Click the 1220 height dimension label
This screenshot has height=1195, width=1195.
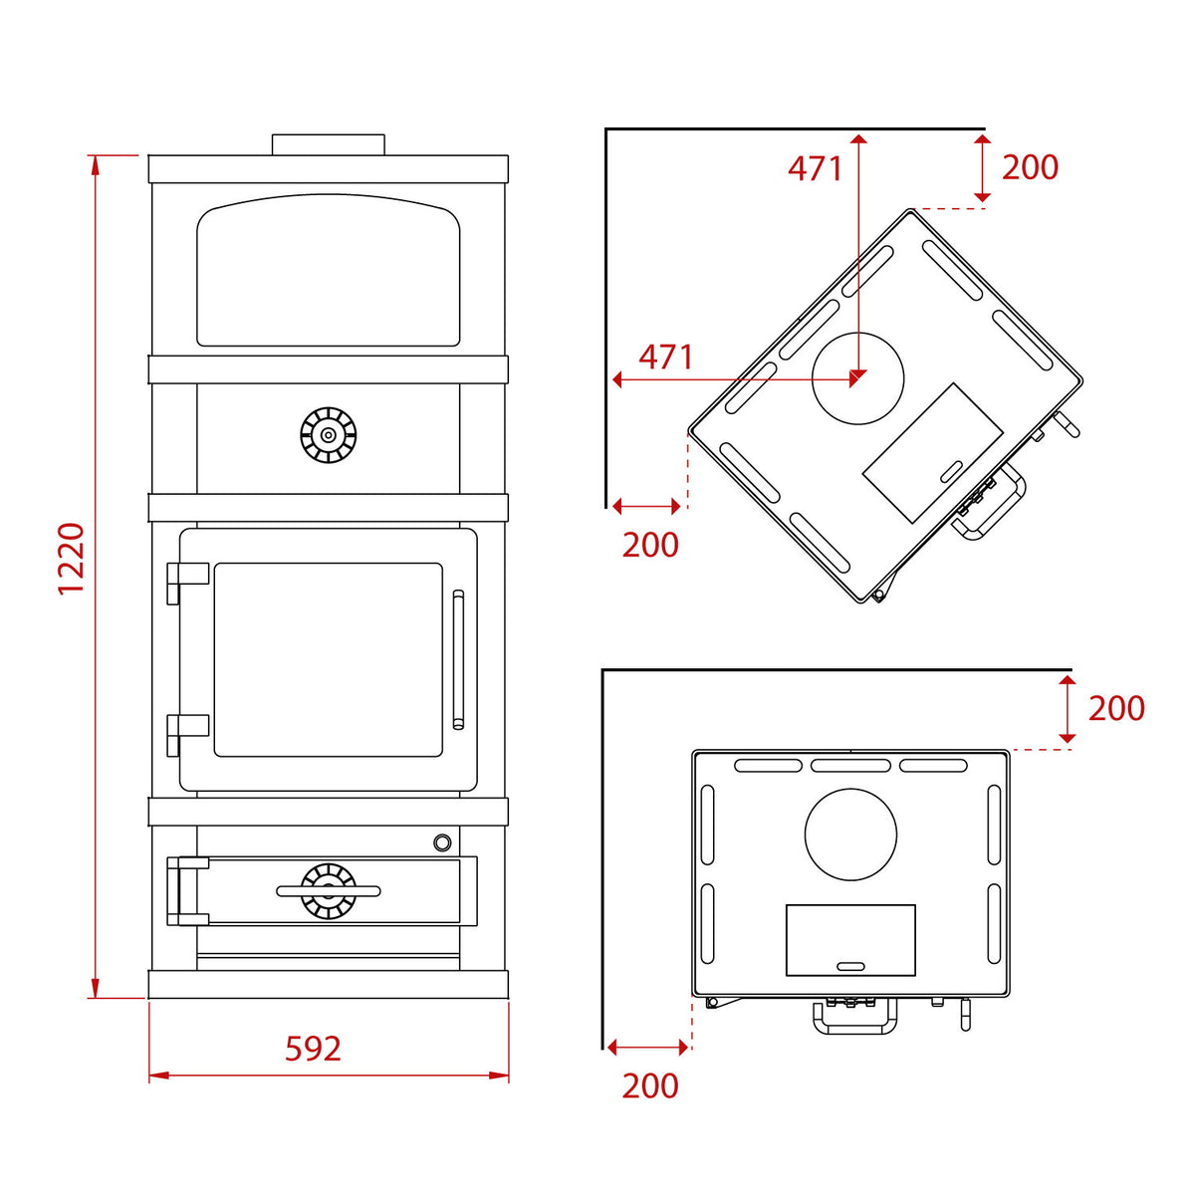pos(72,558)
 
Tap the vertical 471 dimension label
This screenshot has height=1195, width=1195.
pos(816,168)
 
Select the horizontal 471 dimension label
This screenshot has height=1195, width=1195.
pos(666,358)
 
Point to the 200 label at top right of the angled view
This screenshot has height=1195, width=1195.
pos(1030,167)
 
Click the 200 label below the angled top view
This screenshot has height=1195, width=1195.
pos(650,545)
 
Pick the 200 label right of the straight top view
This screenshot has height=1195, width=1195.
pos(1116,708)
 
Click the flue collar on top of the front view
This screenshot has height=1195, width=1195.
pos(329,144)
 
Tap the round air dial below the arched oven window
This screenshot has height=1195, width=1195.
pos(328,435)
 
